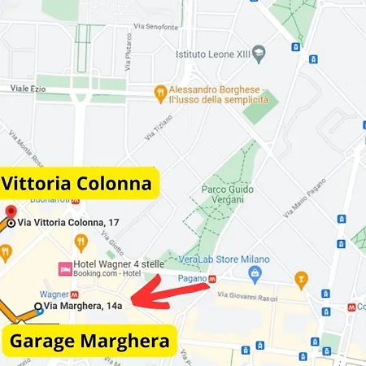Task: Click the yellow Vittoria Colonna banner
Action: point(76,184)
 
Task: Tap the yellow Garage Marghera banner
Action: point(89,339)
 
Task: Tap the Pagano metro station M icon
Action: point(212,278)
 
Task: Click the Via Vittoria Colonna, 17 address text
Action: point(68,222)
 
